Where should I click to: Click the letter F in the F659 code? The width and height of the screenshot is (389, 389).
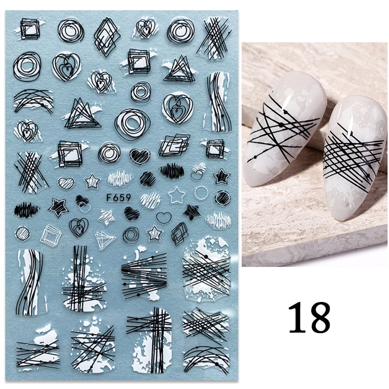[x=109, y=198]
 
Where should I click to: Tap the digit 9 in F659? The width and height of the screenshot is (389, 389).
[x=128, y=198]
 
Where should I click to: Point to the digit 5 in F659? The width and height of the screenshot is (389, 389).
[x=122, y=198]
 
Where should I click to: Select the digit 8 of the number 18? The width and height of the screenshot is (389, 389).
[x=319, y=318]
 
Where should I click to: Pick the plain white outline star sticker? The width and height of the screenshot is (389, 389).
[x=177, y=195]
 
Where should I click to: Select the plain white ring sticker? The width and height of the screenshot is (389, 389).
[x=201, y=193]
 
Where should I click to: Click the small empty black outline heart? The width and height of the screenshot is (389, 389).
[x=164, y=217]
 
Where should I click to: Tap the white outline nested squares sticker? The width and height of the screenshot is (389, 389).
[x=51, y=235]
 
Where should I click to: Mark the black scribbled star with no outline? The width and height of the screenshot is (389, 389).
[x=192, y=212]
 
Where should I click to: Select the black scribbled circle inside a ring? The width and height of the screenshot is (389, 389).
[x=223, y=198]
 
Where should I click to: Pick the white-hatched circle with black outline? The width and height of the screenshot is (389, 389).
[x=22, y=233]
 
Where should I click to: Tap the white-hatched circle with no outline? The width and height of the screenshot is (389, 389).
[x=150, y=200]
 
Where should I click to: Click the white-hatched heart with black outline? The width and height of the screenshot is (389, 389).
[x=66, y=183]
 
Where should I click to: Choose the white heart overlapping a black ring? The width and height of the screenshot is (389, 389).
[x=199, y=171]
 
